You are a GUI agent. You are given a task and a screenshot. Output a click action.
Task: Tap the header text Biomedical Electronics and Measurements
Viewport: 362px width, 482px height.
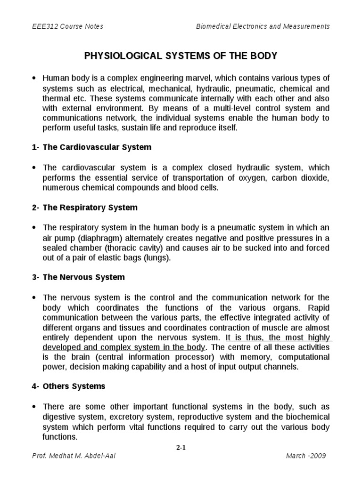263,27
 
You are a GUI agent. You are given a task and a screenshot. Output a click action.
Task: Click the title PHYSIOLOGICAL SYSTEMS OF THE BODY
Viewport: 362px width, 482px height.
181,56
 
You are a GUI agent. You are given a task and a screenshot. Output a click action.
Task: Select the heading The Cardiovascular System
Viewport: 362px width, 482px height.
97,147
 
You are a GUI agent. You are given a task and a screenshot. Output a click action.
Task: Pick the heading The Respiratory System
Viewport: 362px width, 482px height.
90,208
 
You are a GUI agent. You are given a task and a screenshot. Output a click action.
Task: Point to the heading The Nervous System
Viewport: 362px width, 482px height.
83,277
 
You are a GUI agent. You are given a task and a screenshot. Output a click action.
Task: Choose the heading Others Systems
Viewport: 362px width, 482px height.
74,386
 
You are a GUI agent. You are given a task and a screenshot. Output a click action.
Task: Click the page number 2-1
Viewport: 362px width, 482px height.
181,448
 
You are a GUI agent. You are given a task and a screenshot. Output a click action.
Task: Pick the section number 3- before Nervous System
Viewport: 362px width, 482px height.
36,277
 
